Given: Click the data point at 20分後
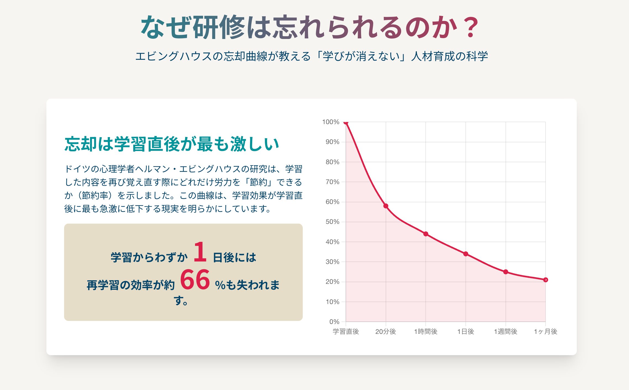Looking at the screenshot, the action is pos(386,206).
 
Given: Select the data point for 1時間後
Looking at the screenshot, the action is pos(426,234).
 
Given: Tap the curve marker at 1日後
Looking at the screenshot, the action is pos(466,254).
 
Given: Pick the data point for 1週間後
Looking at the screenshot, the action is pos(506,272).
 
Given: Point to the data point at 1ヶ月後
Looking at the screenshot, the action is pos(546,280).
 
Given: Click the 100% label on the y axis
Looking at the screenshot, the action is pos(331,122).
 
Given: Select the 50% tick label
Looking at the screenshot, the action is pos(332,222).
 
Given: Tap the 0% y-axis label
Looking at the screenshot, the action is pos(334,322).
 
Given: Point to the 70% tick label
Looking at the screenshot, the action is pos(332,182).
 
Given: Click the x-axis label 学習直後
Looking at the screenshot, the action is pos(346,331).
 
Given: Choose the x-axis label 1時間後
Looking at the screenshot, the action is pos(426,331).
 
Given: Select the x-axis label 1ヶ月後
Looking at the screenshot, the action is pos(546,331).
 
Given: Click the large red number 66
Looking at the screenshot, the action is pos(195,280).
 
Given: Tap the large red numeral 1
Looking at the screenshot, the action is pos(200,252).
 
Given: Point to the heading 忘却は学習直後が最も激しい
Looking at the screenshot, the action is pos(172,144).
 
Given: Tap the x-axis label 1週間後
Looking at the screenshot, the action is pos(506,331).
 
